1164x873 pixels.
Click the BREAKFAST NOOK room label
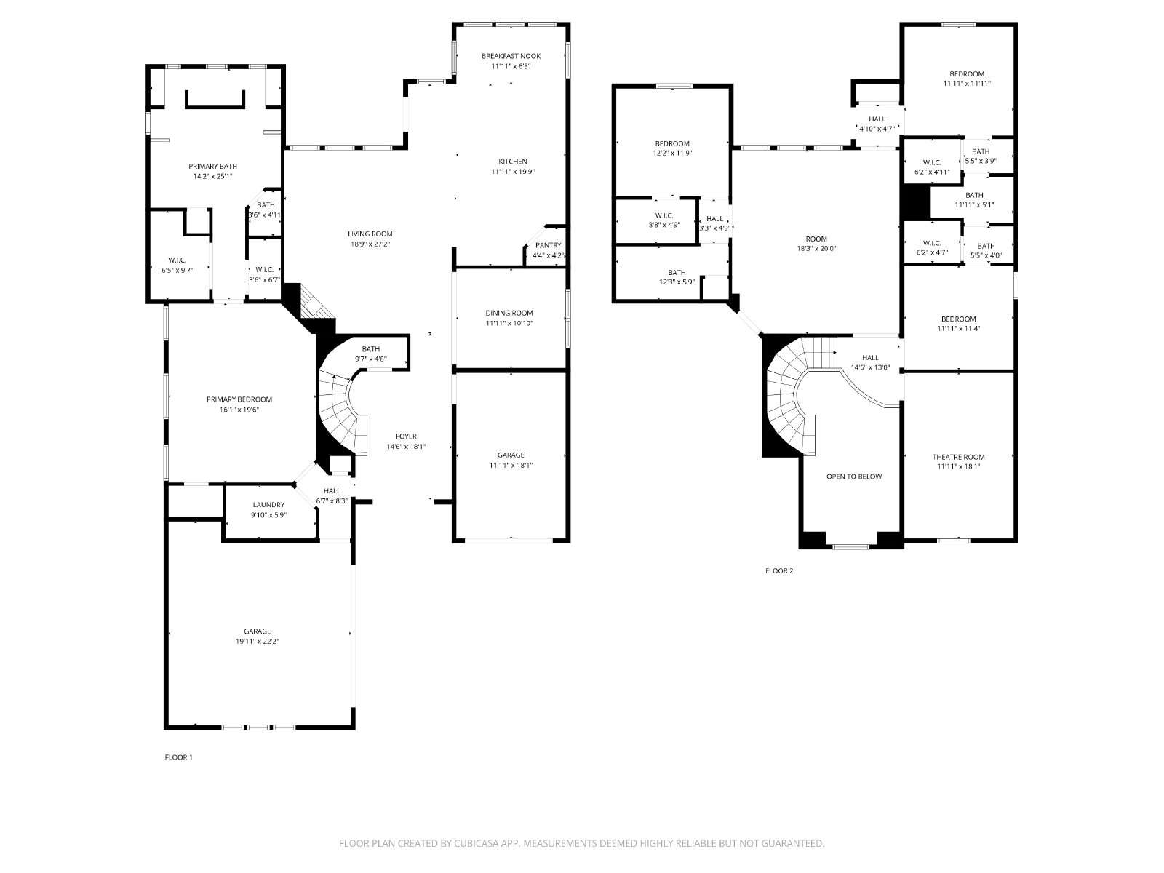coord(511,56)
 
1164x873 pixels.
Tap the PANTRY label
coord(548,245)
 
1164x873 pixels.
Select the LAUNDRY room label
coord(268,505)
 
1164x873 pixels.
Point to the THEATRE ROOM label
coord(958,457)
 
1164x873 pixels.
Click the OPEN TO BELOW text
coord(854,477)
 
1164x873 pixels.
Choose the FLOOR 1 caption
coord(179,757)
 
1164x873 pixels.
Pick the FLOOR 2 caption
coord(779,570)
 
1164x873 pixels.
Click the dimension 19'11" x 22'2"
coord(258,642)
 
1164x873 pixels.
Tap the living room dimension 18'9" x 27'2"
coord(370,244)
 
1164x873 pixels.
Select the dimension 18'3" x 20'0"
coord(816,249)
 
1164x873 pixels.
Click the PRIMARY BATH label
coord(212,166)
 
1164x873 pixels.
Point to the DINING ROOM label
coord(509,313)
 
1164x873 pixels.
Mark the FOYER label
coord(406,436)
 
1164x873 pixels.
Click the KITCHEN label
coord(513,161)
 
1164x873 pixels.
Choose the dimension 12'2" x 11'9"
coord(672,154)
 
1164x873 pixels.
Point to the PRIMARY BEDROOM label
coord(239,399)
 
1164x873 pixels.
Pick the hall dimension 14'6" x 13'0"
coord(870,367)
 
